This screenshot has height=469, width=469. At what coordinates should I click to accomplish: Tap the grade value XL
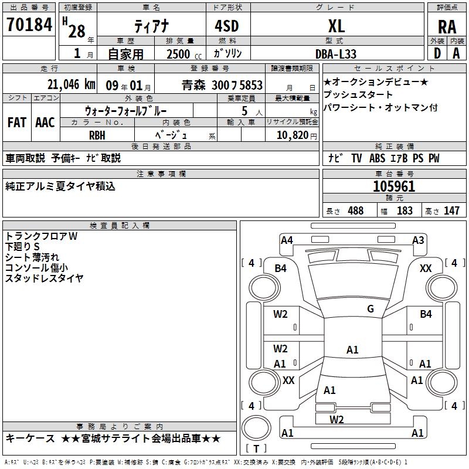[336, 26]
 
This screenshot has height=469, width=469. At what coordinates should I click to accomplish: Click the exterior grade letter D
[437, 53]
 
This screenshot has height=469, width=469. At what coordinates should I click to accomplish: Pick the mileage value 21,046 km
[71, 84]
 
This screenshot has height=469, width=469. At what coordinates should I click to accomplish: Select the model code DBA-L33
[337, 53]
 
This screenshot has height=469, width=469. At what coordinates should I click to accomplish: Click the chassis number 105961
[394, 186]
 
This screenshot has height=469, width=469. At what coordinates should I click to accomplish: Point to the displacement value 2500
[178, 54]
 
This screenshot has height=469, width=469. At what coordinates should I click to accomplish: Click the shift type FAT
[17, 123]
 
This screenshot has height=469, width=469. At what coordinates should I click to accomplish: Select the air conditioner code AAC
[45, 123]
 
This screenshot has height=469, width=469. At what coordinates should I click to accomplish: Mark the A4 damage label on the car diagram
[287, 240]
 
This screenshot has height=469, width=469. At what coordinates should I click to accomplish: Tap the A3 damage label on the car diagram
[418, 240]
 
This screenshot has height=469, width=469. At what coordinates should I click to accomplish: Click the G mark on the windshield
[370, 309]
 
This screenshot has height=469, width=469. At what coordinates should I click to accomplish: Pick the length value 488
[355, 210]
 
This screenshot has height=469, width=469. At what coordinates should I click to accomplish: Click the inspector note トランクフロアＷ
[41, 236]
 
